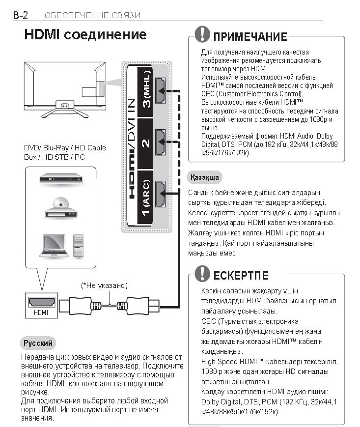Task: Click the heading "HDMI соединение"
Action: [85, 35]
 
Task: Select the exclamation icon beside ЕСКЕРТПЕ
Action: [202, 273]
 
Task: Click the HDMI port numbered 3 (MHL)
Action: [161, 91]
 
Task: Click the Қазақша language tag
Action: [204, 177]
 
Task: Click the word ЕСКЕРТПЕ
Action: [241, 275]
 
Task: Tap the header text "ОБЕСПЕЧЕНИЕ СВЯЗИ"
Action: [92, 15]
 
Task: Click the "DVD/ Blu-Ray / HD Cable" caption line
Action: [65, 147]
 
